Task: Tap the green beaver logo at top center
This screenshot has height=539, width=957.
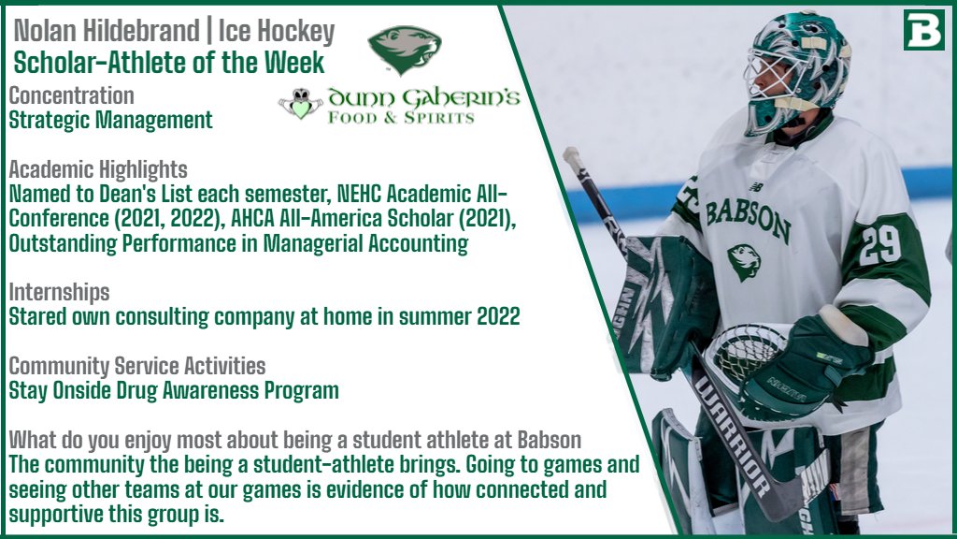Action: click(404, 50)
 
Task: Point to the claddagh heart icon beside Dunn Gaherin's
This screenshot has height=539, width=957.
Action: click(300, 103)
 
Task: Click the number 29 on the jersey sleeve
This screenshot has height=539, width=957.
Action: click(880, 244)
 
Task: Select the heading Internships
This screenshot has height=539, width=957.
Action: click(59, 292)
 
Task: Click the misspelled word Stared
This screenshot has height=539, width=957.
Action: click(38, 316)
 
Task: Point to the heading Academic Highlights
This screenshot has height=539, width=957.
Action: click(98, 170)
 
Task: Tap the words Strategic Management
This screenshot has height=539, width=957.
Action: click(110, 120)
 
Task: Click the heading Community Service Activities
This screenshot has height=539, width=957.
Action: click(137, 366)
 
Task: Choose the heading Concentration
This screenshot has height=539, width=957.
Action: click(71, 95)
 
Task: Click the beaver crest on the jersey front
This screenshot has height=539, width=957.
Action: click(743, 261)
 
